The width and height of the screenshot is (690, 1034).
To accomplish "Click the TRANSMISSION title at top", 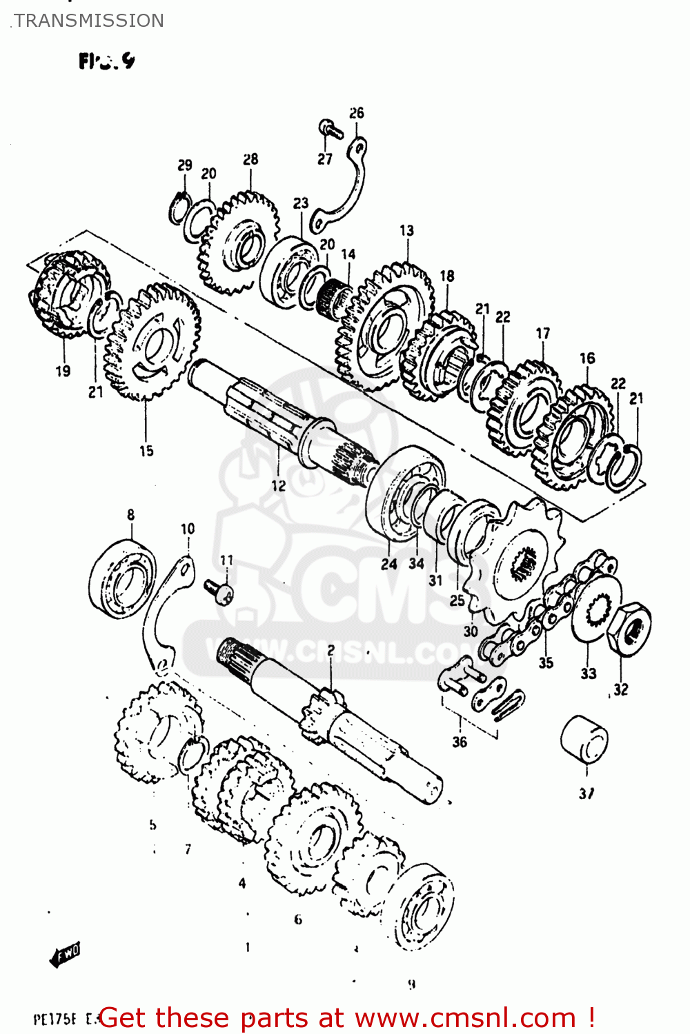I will click(89, 21).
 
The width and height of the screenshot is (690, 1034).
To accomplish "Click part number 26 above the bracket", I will click(356, 113).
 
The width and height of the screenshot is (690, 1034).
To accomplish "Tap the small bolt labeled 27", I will click(329, 128).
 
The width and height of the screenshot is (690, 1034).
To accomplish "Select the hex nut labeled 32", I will click(629, 627).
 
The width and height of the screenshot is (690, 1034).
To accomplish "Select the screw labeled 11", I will click(219, 591).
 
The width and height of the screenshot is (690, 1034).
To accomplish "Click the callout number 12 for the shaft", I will click(278, 486).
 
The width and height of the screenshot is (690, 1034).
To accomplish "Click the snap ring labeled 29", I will click(179, 207).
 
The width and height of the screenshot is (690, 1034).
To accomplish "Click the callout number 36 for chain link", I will click(460, 742).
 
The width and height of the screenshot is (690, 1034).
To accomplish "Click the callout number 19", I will click(63, 371).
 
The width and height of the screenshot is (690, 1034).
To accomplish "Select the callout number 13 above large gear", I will click(406, 230).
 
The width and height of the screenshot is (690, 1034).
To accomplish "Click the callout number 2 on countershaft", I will click(331, 651).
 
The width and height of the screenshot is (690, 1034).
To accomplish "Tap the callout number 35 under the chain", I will click(546, 663).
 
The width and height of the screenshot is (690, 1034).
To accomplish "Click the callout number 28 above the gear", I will click(250, 159).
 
